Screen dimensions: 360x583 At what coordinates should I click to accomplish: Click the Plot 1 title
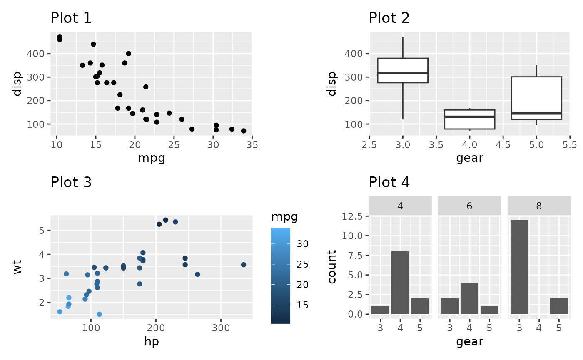(71, 18)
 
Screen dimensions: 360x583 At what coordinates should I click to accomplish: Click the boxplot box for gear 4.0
(469, 119)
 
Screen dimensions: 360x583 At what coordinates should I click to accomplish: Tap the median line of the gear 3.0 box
(403, 73)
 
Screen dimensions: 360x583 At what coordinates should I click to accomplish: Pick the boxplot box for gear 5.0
(536, 98)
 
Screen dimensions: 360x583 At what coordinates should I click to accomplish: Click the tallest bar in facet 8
(519, 267)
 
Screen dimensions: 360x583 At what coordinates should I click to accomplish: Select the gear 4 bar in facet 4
(400, 283)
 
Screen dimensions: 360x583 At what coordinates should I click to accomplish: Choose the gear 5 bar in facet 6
(489, 310)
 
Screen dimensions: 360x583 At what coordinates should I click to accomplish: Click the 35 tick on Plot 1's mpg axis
(252, 144)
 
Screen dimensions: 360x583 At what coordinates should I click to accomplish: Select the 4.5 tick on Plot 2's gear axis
(503, 144)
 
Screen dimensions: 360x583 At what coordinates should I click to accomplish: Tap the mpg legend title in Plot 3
(284, 217)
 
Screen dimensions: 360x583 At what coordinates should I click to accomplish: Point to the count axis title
(332, 267)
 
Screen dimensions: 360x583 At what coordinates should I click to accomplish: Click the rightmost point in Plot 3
(244, 265)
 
